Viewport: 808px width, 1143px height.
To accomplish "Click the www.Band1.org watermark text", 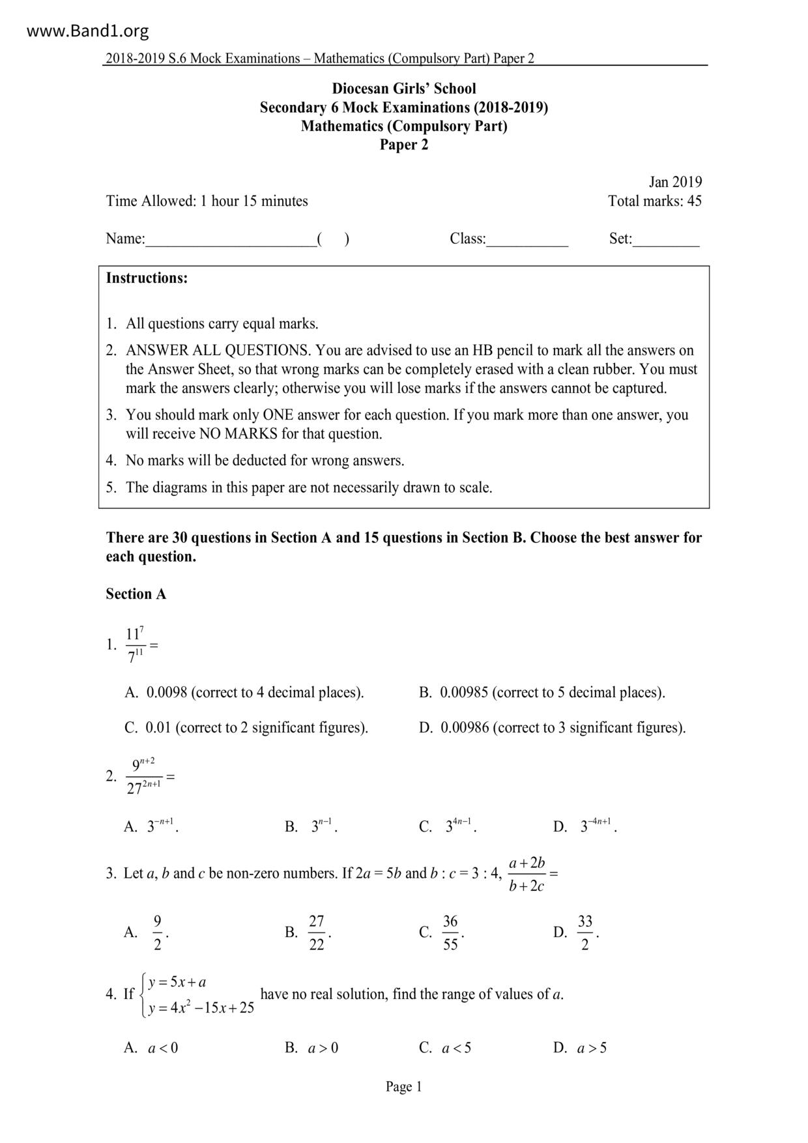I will click(x=88, y=31).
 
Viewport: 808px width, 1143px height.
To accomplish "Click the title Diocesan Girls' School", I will click(x=404, y=89).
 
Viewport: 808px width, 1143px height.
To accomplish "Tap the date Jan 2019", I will click(x=675, y=182).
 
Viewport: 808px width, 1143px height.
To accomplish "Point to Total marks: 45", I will click(x=655, y=201).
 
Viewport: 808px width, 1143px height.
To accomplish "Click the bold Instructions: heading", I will click(x=147, y=278).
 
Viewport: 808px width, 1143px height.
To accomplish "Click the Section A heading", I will click(x=136, y=594).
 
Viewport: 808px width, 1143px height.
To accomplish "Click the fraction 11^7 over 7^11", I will click(x=135, y=645).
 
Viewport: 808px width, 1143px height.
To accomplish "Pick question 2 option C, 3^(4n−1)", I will click(x=459, y=826).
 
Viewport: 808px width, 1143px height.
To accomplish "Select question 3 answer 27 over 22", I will click(x=317, y=933).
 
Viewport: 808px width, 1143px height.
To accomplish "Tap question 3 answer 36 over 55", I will click(x=450, y=933).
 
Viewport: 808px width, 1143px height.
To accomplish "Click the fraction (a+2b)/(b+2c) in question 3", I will click(x=527, y=875).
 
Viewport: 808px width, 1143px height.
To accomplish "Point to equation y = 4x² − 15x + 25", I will click(x=201, y=1008).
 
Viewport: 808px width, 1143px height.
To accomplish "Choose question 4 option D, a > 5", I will click(x=592, y=1048).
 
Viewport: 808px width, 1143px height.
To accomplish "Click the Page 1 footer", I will click(x=403, y=1086).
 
